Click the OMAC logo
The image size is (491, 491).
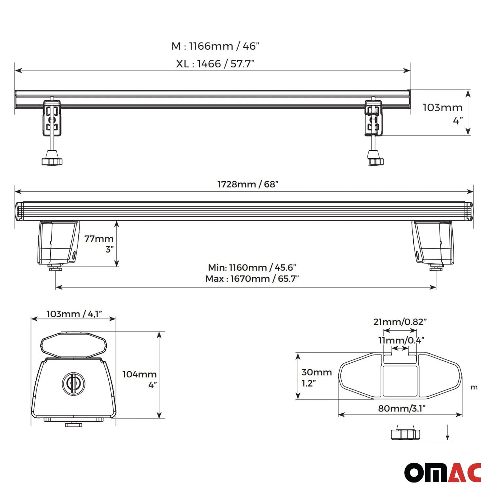[x=443, y=472]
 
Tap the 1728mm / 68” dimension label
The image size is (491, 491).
[x=248, y=184]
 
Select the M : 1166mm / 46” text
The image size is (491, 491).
[x=215, y=46]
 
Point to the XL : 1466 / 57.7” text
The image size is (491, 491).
[x=215, y=64]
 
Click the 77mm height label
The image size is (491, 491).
[x=99, y=239]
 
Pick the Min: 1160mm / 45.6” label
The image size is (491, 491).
[x=252, y=267]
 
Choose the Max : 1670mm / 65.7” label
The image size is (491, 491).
[x=252, y=279]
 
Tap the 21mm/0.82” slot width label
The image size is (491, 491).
[x=400, y=322]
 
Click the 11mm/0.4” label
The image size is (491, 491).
[x=401, y=340]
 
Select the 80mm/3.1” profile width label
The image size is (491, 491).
[x=402, y=408]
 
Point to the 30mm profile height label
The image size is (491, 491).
[x=317, y=372]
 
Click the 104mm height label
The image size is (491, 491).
[x=139, y=374]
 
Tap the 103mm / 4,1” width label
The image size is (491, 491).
[x=74, y=314]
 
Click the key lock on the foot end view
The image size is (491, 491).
[x=73, y=383]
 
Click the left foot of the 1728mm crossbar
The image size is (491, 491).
[x=58, y=243]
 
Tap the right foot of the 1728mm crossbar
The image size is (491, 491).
[x=433, y=243]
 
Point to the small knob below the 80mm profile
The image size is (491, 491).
[x=405, y=434]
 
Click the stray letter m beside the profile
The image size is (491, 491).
[x=474, y=388]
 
